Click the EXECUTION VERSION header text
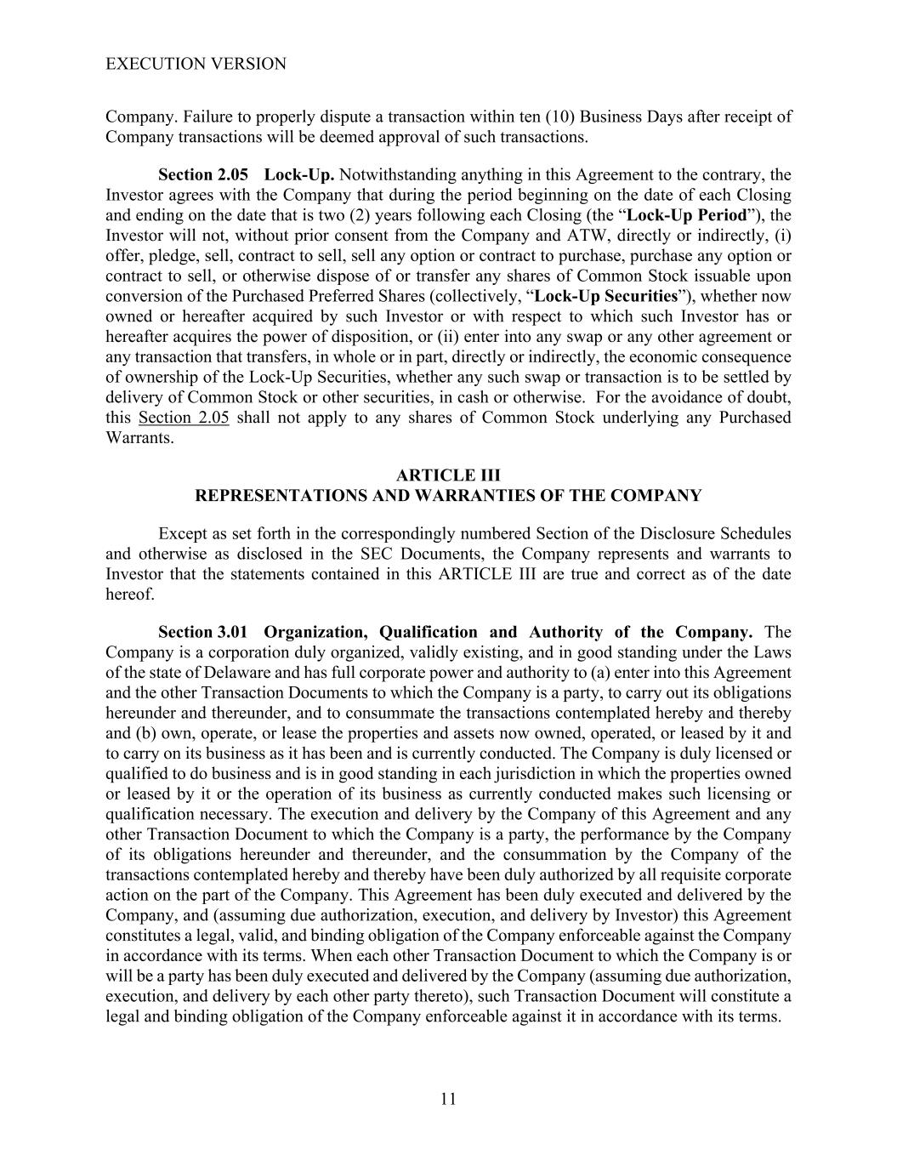pyautogui.click(x=196, y=64)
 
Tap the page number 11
pyautogui.click(x=449, y=1099)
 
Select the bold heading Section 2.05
pyautogui.click(x=203, y=174)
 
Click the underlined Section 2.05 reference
pyautogui.click(x=184, y=418)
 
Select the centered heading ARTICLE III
pyautogui.click(x=448, y=475)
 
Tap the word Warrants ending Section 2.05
pyautogui.click(x=139, y=438)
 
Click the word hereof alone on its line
pyautogui.click(x=130, y=594)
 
